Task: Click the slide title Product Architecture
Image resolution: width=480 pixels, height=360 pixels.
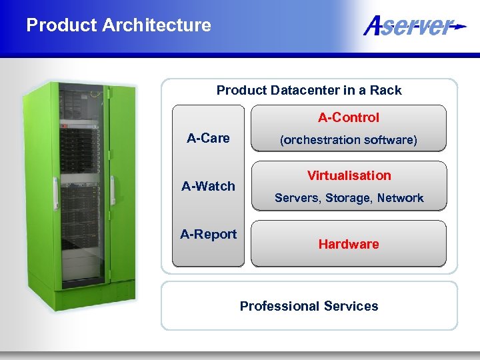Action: (119, 25)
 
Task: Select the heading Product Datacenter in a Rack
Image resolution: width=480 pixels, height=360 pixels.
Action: (309, 90)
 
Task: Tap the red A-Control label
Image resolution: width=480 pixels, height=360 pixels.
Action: (348, 118)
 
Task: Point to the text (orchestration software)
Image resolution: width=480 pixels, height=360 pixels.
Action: (348, 140)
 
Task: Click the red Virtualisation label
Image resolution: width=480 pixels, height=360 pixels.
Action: (349, 175)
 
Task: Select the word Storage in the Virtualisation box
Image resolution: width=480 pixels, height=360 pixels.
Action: (348, 198)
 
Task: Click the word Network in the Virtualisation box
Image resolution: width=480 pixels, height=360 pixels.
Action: (400, 198)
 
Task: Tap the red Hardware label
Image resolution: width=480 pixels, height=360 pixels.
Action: (348, 244)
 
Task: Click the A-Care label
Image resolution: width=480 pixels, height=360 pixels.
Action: (208, 138)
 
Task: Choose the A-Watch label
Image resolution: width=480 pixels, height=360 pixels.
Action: (208, 186)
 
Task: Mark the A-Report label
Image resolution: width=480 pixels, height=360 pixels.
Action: (208, 234)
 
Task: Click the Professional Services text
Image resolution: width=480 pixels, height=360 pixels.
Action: (309, 306)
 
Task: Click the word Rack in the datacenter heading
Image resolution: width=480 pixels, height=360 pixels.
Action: (386, 90)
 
